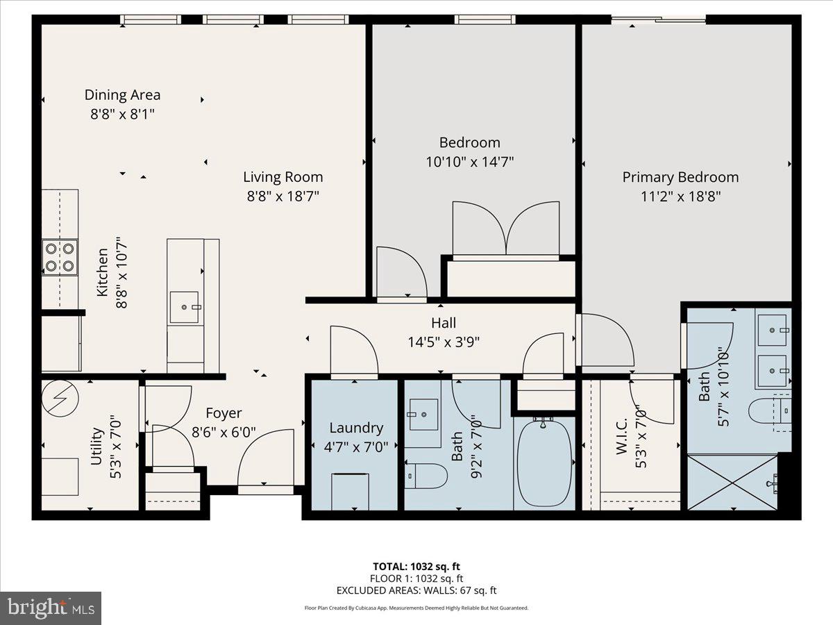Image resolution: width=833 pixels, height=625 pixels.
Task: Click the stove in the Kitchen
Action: (x=60, y=256)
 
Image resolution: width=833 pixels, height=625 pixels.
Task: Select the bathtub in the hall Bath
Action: (x=545, y=462)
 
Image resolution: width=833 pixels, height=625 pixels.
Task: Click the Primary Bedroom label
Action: (x=680, y=177)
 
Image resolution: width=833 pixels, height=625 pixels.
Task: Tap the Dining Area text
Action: (x=122, y=95)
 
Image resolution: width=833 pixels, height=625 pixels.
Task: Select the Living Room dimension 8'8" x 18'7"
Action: (x=283, y=196)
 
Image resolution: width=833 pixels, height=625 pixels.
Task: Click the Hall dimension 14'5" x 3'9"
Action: (x=444, y=341)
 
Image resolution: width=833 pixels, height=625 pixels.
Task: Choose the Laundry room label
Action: (x=355, y=428)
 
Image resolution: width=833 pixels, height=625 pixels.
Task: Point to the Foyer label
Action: (x=224, y=414)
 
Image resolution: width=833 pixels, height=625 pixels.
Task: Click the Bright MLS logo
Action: (x=51, y=608)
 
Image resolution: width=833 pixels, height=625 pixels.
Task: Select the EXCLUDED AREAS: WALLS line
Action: (x=416, y=591)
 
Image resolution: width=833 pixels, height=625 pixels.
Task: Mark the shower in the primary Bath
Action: (x=732, y=483)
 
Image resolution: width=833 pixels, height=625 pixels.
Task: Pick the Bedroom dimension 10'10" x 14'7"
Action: (x=469, y=162)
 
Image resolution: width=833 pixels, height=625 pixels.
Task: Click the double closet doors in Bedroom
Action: (x=505, y=229)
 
